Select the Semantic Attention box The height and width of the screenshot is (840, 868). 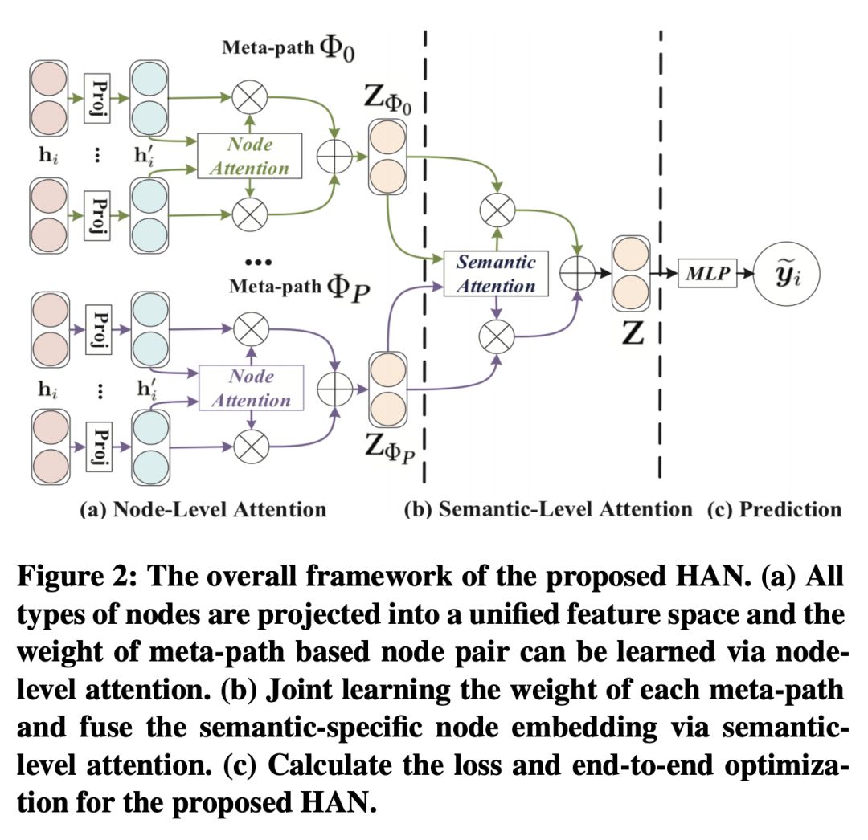click(496, 274)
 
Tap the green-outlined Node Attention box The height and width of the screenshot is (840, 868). click(251, 156)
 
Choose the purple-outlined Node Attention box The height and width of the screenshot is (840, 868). click(251, 389)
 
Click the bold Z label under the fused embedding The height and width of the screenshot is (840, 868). click(634, 332)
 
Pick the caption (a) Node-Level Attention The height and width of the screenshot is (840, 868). click(203, 508)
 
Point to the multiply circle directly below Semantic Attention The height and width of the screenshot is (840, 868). click(496, 336)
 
